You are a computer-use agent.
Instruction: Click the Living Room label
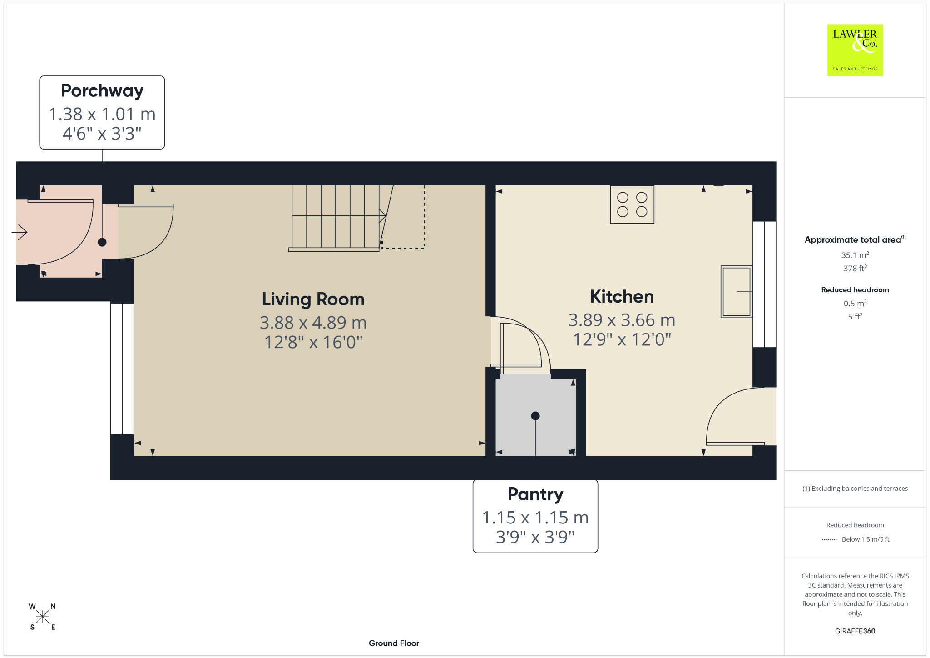(x=313, y=299)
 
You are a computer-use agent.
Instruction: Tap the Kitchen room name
(x=622, y=297)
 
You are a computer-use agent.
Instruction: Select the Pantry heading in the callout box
(x=535, y=494)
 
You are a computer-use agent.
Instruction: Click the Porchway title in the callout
(x=102, y=91)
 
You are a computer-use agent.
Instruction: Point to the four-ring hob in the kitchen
(x=632, y=204)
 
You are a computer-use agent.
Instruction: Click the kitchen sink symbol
(x=736, y=291)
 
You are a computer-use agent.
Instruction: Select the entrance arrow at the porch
(x=20, y=232)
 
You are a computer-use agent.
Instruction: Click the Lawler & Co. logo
(x=855, y=50)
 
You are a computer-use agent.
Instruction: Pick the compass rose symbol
(x=43, y=617)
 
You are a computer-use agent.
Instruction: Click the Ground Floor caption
(x=394, y=643)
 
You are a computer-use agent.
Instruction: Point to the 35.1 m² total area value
(x=855, y=255)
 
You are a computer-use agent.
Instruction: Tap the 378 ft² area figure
(x=855, y=268)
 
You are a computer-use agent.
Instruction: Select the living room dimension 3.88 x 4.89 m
(x=313, y=323)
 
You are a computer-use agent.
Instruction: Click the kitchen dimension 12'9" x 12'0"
(x=622, y=339)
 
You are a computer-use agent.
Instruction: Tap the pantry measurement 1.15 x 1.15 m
(x=535, y=518)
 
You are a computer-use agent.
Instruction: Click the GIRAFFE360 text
(x=855, y=631)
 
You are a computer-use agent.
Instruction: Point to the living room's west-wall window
(x=122, y=369)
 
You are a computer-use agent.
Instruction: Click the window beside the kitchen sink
(x=764, y=284)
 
